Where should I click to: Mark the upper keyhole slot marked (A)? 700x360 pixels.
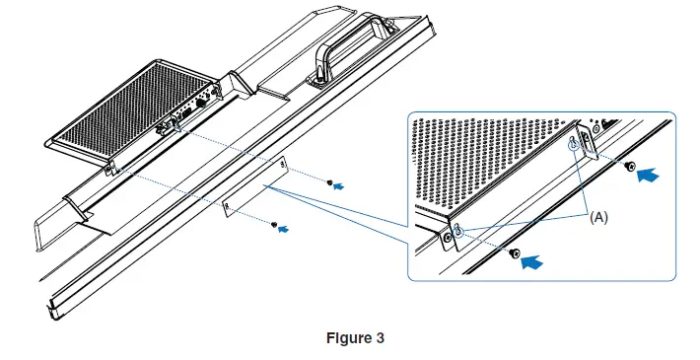[573, 146]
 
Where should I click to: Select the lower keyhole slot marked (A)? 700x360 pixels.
[459, 231]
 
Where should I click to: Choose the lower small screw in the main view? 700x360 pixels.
[273, 226]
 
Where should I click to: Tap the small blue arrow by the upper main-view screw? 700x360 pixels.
[341, 185]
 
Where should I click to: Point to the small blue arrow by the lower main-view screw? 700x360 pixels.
[286, 228]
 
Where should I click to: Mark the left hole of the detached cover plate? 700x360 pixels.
[227, 205]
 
